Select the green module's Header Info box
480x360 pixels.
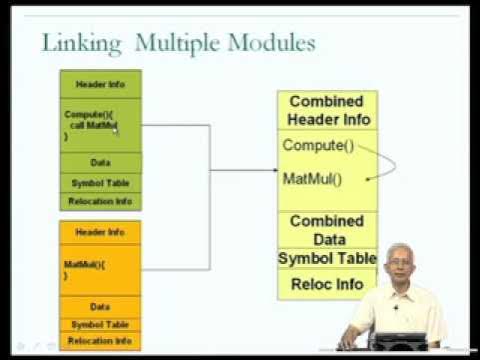[x=101, y=84]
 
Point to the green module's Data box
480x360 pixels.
[x=101, y=161]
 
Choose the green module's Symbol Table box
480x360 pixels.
[x=101, y=182]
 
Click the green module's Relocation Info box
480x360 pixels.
[x=101, y=201]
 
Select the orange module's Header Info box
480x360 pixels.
[x=101, y=232]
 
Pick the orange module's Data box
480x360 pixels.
[x=101, y=306]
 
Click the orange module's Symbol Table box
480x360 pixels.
[x=101, y=324]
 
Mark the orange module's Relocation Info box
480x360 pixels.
[x=101, y=341]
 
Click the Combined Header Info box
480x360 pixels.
[x=328, y=110]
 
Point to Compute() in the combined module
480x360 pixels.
[x=318, y=146]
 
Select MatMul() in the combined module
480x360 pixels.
[x=312, y=180]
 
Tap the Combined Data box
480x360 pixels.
[x=327, y=229]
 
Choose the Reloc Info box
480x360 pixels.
[x=327, y=284]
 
